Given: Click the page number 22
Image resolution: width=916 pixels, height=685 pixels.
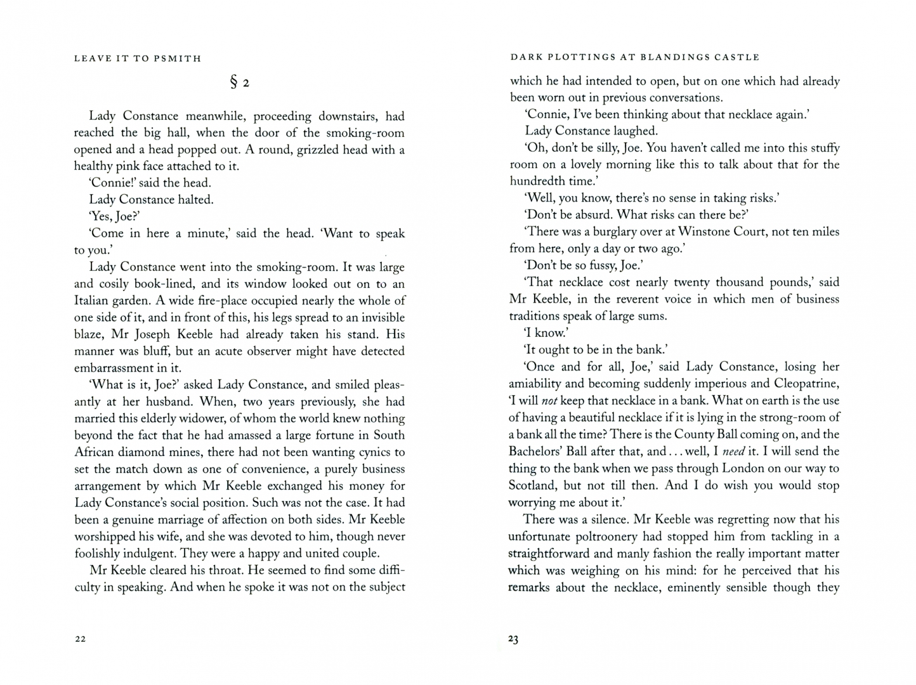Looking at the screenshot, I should pyautogui.click(x=80, y=639).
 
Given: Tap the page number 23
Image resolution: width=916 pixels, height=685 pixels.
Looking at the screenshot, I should pyautogui.click(x=513, y=639).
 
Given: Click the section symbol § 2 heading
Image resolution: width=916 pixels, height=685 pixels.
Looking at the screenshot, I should pyautogui.click(x=240, y=82).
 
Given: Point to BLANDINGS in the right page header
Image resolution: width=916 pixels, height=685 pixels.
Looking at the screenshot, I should pyautogui.click(x=665, y=57).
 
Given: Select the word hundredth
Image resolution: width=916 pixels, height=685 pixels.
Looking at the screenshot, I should pyautogui.click(x=535, y=181).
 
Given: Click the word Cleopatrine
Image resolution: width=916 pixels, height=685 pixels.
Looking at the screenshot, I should pyautogui.click(x=806, y=384).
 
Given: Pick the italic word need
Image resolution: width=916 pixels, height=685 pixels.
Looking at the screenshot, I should pyautogui.click(x=733, y=452).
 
